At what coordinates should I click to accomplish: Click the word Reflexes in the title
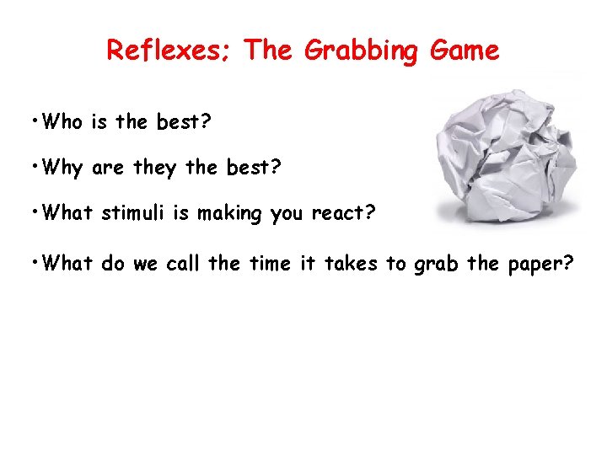[170, 51]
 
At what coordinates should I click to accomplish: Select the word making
[230, 214]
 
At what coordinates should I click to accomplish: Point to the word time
[266, 264]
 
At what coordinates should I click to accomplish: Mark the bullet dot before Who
[33, 120]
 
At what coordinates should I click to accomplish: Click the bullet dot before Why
[33, 165]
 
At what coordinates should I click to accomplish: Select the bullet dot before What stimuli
[33, 211]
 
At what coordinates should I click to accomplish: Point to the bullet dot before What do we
[33, 261]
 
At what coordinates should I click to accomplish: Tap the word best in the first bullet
[184, 122]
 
